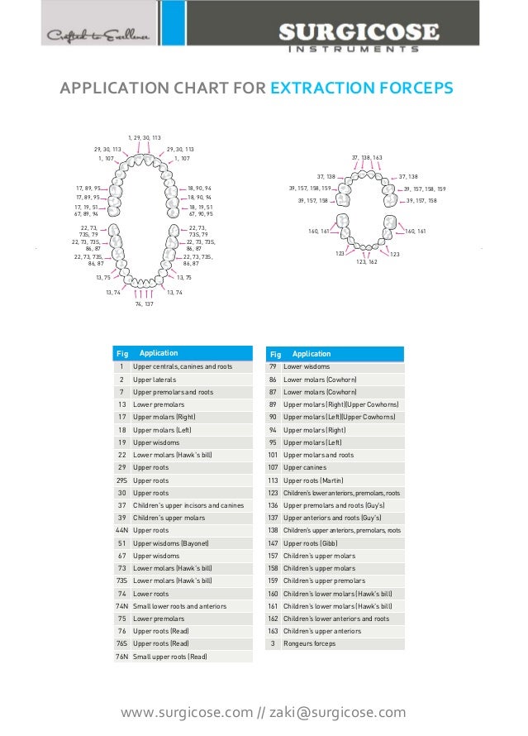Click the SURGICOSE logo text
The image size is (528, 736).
(x=357, y=33)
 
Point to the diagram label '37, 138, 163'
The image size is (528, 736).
(x=367, y=157)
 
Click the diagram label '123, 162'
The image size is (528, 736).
(x=367, y=261)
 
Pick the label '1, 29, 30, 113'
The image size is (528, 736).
(x=145, y=137)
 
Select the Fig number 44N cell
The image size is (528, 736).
(x=121, y=530)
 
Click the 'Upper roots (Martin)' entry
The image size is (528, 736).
(x=313, y=480)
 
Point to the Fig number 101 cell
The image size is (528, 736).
(x=272, y=455)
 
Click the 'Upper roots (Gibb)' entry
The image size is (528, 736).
(x=311, y=542)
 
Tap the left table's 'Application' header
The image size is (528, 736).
(x=159, y=354)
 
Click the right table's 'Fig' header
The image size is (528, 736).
(x=275, y=354)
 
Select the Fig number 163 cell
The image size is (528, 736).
(x=272, y=631)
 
